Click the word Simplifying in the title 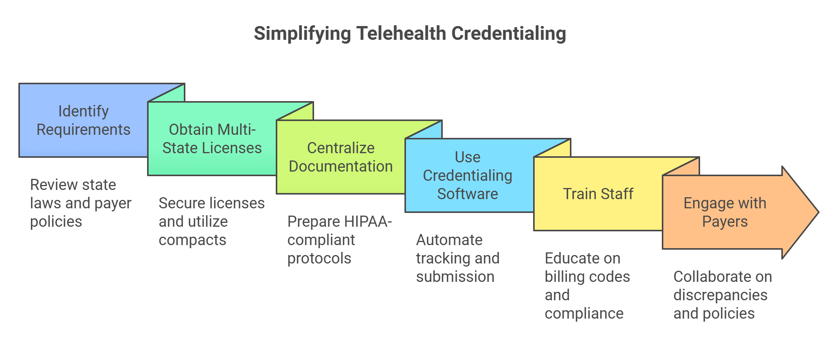point(302,33)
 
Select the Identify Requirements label point(83,120)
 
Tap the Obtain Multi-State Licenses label point(212,139)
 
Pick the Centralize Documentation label point(340,157)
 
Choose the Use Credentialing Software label point(467,175)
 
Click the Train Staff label point(598,194)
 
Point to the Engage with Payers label point(725,212)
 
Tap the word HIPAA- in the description point(368,222)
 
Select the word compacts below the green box point(192,240)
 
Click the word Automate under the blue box point(449,240)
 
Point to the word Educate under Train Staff point(582,259)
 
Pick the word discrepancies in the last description point(720,295)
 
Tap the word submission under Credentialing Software point(455,277)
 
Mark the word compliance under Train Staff point(584,314)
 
